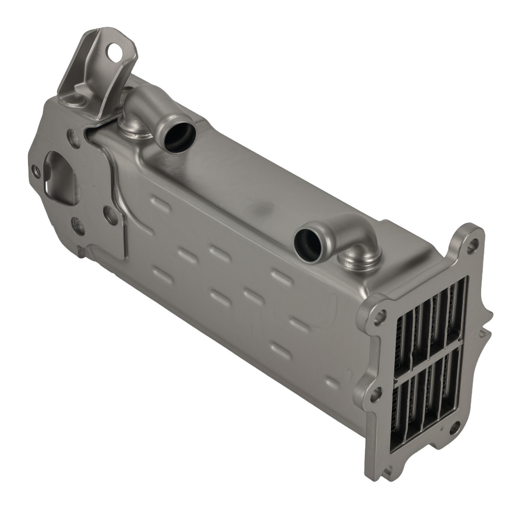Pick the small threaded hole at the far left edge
pos(36,171)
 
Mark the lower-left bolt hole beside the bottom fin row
pos(376,392)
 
